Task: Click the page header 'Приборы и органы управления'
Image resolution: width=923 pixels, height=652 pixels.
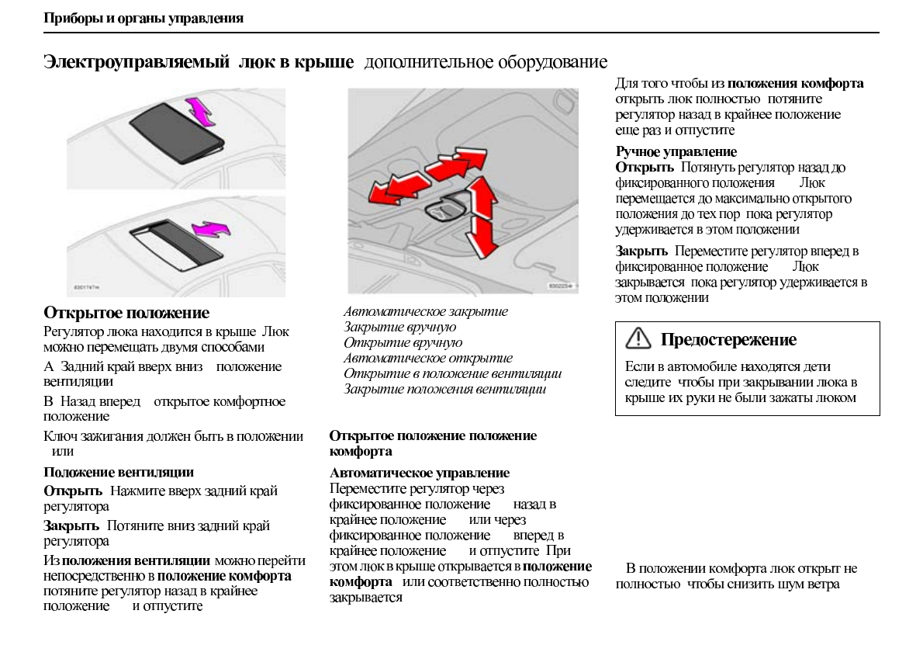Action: tap(143, 19)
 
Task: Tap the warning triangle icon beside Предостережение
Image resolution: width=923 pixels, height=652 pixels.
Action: tap(638, 339)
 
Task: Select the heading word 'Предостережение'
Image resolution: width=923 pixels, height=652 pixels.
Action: tap(728, 340)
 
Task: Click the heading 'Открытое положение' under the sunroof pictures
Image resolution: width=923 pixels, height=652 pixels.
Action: tap(126, 314)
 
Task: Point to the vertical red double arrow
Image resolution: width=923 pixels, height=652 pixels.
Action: tap(483, 215)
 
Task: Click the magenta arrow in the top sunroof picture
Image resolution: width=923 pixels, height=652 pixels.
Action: tap(200, 111)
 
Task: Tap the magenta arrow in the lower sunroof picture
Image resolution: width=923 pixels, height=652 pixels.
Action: tap(211, 228)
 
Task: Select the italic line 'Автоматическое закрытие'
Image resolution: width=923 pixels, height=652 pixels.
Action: tap(426, 312)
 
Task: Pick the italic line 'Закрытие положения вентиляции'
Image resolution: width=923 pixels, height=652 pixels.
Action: tap(444, 390)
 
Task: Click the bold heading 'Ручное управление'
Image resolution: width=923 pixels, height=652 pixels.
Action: tap(676, 152)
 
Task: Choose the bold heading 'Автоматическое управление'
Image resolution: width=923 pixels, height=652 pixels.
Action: tap(420, 473)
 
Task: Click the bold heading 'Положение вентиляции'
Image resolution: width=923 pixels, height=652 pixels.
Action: tap(119, 473)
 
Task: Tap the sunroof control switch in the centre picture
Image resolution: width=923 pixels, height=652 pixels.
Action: tap(448, 210)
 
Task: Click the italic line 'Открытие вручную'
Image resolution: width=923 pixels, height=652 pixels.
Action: tap(403, 343)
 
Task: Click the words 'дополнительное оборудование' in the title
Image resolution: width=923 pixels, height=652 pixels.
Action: tap(486, 62)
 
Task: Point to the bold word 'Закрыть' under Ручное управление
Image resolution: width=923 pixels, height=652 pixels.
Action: tap(641, 251)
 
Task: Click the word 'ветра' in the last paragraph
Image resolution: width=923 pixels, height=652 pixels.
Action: tap(824, 584)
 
